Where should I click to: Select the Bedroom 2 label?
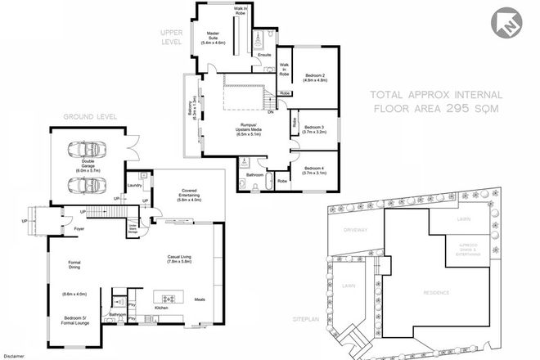click(317, 78)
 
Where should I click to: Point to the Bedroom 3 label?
click(315, 129)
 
